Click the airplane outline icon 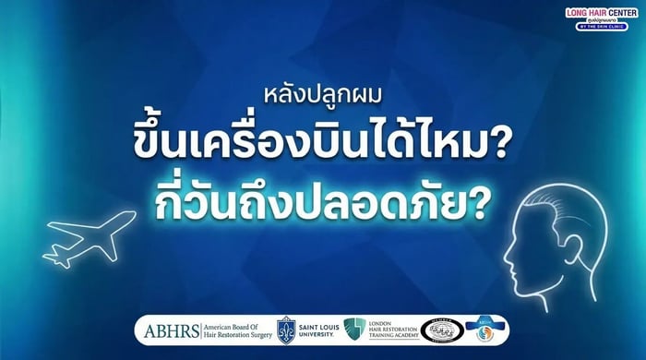coord(90,238)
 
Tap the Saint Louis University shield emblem coord(286,330)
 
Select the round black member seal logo coord(442,330)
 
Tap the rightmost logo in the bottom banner coord(485,330)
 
